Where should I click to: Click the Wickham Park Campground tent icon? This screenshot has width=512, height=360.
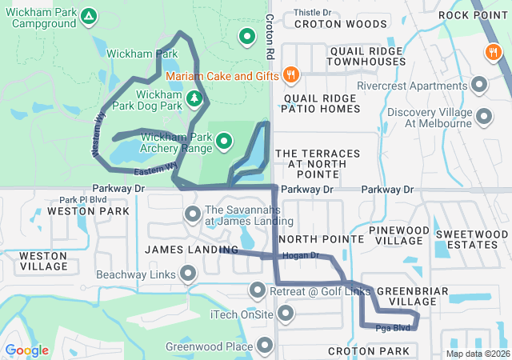(89, 16)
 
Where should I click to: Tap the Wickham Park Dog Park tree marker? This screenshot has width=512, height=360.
(194, 98)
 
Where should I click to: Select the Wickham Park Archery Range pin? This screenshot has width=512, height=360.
(224, 142)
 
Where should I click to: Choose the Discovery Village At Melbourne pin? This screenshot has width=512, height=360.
(484, 118)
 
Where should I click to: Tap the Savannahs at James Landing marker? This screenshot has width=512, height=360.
(193, 214)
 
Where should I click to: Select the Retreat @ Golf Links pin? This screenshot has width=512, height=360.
(258, 290)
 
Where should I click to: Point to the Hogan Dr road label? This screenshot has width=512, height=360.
(300, 256)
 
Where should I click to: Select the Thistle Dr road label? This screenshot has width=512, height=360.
(312, 12)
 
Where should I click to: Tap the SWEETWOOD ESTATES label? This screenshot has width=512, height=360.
(471, 239)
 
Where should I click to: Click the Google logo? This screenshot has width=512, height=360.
(26, 350)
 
